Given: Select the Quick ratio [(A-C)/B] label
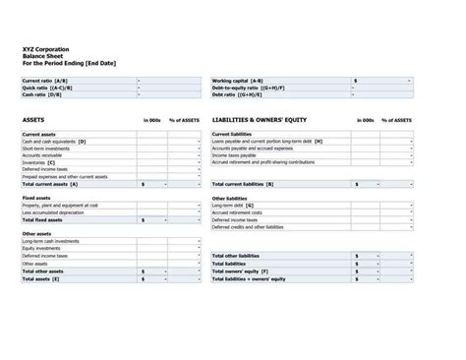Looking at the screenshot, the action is (x=42, y=88).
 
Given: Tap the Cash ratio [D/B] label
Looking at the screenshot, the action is (x=40, y=94).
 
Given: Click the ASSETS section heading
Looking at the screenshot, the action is (x=33, y=119).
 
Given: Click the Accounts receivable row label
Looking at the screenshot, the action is (x=41, y=154).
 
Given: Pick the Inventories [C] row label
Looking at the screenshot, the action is (x=38, y=161).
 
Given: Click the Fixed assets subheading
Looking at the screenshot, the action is (x=36, y=198).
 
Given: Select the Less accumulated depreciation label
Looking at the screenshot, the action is (x=53, y=212).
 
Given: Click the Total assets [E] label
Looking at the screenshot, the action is (x=40, y=279).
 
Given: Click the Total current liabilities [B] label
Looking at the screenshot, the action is (x=243, y=184).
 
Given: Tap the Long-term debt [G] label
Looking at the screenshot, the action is (x=233, y=206).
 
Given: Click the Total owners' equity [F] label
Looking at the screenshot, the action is (x=241, y=270).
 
